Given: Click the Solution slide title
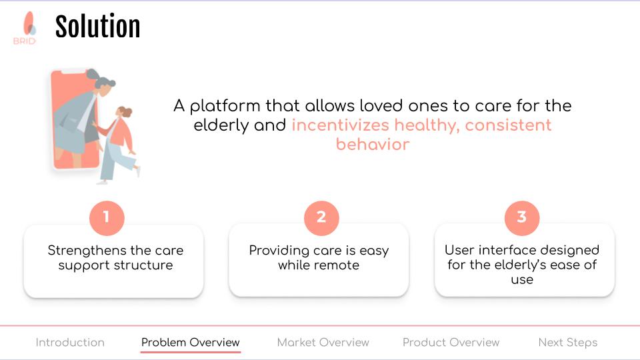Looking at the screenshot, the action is pos(97,27).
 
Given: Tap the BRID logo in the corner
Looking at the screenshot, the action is pos(25,28).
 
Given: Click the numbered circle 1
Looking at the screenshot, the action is pos(107,218).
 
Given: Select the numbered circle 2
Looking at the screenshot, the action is pos(321,218).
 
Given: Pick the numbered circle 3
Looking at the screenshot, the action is pos(521,218).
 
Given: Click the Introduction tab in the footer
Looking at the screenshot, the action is pos(70,342).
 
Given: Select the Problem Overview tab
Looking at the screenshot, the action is pos(190,342).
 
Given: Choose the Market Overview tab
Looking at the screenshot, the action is pos(323,342).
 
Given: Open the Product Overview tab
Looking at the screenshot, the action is pos(451,342).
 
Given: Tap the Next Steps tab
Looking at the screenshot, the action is pos(568,343).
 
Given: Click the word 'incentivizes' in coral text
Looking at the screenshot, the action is pos(341,125).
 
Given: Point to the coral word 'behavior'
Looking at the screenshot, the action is pos(373,144).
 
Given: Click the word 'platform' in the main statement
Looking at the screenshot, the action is pos(225,106).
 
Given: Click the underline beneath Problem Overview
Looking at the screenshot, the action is pos(191,351).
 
